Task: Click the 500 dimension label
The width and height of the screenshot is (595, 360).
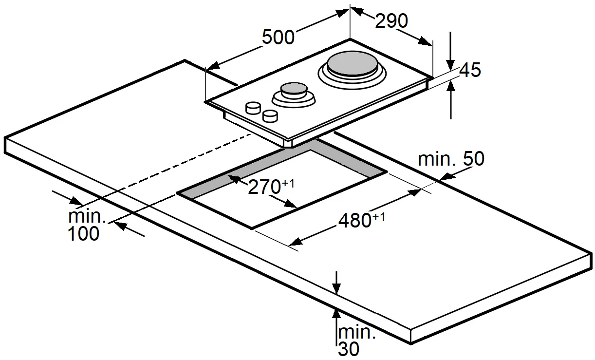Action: click(278, 37)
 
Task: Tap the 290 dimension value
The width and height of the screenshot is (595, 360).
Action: click(391, 21)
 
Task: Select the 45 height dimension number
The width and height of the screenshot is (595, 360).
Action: click(470, 70)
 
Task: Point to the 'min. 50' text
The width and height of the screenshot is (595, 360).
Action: click(451, 159)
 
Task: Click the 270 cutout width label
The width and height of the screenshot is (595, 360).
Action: click(264, 187)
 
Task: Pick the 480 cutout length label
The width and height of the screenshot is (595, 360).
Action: click(354, 220)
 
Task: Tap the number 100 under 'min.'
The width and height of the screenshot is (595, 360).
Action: click(83, 233)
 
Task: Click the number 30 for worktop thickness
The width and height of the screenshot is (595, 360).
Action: click(349, 349)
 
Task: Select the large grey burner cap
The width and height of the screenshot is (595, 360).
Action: click(352, 64)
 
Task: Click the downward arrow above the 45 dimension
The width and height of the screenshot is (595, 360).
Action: click(450, 51)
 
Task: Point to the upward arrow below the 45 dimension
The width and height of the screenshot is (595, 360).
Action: click(450, 100)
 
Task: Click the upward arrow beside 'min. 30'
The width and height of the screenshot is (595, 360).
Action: click(336, 332)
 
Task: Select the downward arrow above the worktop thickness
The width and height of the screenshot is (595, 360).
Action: click(336, 283)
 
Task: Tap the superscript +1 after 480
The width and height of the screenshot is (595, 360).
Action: click(378, 217)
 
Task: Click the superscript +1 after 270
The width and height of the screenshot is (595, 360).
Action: click(288, 183)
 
